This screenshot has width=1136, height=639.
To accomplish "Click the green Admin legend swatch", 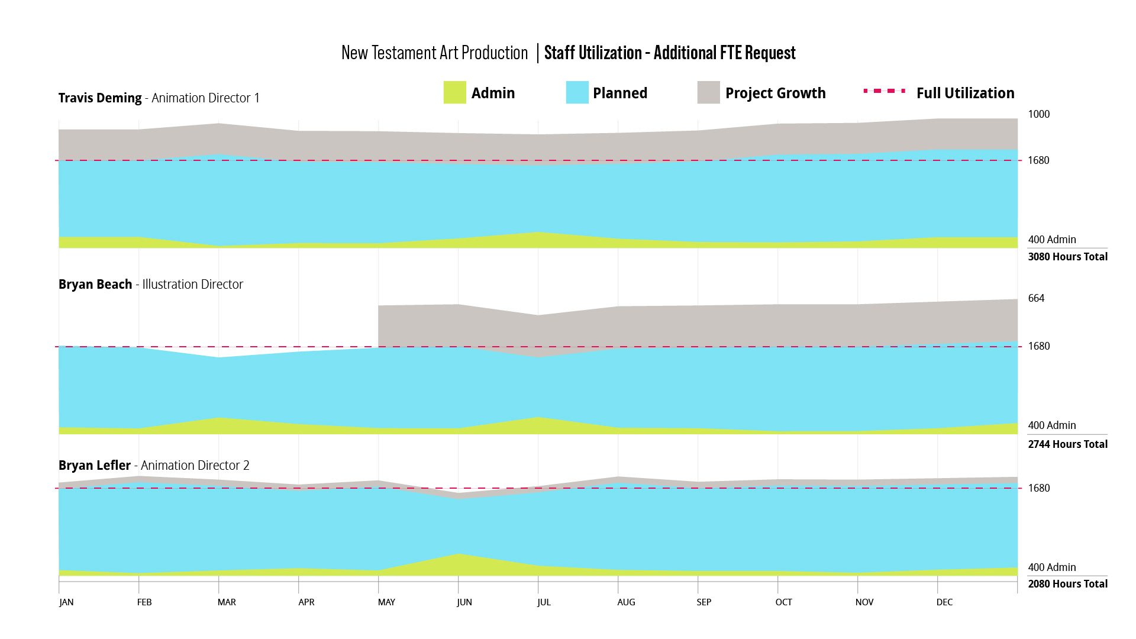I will pyautogui.click(x=454, y=93).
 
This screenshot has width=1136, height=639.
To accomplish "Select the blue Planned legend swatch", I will pyautogui.click(x=577, y=93).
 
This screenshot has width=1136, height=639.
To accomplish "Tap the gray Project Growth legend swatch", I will pyautogui.click(x=708, y=93).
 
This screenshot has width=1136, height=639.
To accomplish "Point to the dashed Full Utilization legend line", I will pyautogui.click(x=885, y=91).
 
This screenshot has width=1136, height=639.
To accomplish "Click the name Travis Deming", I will pyautogui.click(x=100, y=98).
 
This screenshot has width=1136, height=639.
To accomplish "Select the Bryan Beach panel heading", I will pyautogui.click(x=151, y=285).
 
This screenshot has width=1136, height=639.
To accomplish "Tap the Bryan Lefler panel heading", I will pyautogui.click(x=154, y=466).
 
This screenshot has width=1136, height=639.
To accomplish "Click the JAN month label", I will pyautogui.click(x=66, y=602).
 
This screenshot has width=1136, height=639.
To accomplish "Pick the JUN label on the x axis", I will pyautogui.click(x=464, y=602).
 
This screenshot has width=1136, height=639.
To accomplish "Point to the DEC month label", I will pyautogui.click(x=944, y=602).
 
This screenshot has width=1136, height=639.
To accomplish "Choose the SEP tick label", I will pyautogui.click(x=703, y=602).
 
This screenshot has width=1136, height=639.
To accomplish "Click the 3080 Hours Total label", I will pyautogui.click(x=1067, y=257).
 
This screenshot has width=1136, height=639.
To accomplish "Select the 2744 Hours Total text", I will pyautogui.click(x=1067, y=444).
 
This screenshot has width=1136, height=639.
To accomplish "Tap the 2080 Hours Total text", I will pyautogui.click(x=1067, y=584).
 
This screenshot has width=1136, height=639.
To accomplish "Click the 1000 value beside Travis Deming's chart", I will pyautogui.click(x=1038, y=114).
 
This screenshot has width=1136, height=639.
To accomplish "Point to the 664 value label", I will pyautogui.click(x=1036, y=298).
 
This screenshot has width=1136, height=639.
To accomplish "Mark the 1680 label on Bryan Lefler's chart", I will pyautogui.click(x=1038, y=488).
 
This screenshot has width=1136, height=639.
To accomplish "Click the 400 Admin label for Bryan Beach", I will pyautogui.click(x=1051, y=425).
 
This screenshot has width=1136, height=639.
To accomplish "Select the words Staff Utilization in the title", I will pyautogui.click(x=593, y=53).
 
